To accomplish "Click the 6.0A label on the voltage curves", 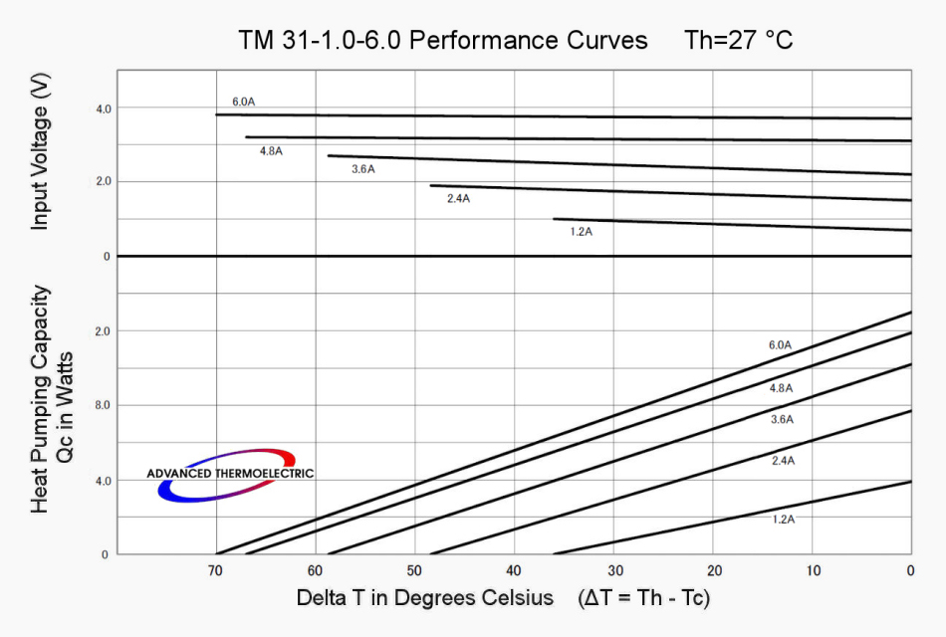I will coord(244,102).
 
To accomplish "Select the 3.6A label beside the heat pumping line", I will coord(782,419).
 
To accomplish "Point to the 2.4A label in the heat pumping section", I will coord(783,461).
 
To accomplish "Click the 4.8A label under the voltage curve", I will coord(271,151).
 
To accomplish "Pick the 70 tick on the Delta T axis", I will coord(215,570).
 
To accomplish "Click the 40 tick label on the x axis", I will coord(514,570).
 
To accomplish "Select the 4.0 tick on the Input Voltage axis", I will coord(104,107).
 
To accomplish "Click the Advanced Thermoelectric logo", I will coord(230,474).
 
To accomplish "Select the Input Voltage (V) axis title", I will coord(40,155).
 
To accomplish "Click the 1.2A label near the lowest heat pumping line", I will coord(784,520).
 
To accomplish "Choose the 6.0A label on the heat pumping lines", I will coord(780,344).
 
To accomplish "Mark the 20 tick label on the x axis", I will coord(713,570).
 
